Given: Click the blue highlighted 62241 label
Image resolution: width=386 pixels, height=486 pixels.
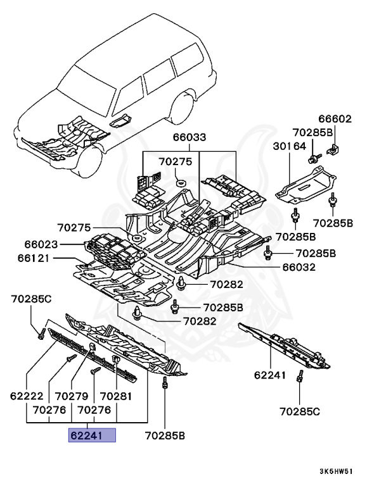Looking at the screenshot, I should [93, 435].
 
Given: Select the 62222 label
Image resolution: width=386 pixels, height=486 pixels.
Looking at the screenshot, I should [26, 396].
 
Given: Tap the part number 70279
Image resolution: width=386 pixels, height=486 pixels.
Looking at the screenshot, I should [71, 396].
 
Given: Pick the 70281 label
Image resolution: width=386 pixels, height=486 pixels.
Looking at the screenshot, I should [115, 396].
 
